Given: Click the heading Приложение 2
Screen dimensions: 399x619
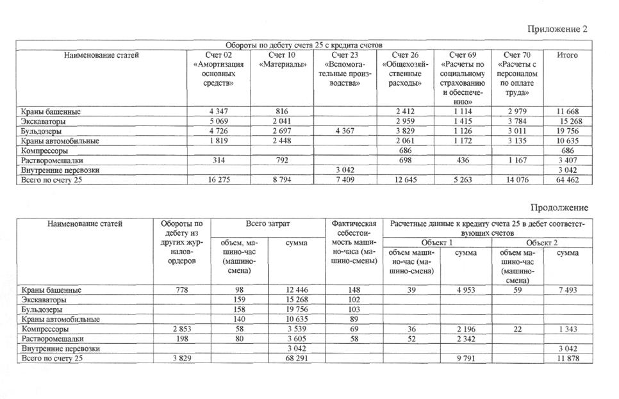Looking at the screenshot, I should (x=557, y=29).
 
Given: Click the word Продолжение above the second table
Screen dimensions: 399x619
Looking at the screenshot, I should (x=558, y=208).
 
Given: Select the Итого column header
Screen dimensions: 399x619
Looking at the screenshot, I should (x=567, y=55).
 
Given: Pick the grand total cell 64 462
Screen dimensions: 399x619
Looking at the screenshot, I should (x=568, y=180).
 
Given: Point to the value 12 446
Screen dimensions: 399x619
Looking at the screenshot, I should (x=297, y=290).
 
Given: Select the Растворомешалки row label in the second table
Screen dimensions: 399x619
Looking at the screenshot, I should (x=52, y=339).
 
